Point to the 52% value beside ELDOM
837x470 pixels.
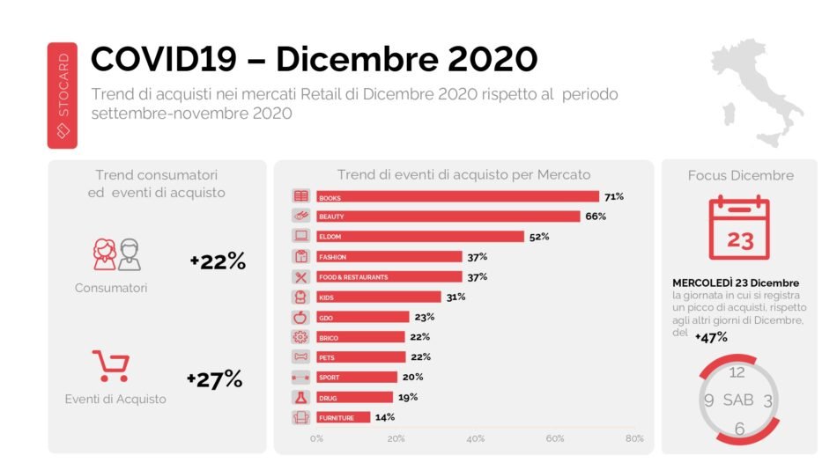(x=539, y=237)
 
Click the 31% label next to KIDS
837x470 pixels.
(x=456, y=297)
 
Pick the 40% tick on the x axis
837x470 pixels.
(x=476, y=438)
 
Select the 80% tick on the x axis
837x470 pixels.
(x=634, y=438)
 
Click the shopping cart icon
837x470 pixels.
(x=111, y=365)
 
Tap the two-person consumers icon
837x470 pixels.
(x=116, y=254)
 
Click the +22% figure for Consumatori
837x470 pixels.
(x=217, y=261)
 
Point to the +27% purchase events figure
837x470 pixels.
(x=214, y=379)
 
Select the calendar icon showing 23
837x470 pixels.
(x=738, y=228)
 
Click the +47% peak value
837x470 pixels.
(x=710, y=336)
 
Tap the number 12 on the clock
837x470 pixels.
(x=737, y=372)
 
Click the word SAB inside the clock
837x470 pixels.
(x=738, y=400)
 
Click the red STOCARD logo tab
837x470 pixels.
(x=63, y=95)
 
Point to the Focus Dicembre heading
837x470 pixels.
(x=740, y=175)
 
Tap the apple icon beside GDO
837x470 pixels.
(x=301, y=317)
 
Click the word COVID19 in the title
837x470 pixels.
(x=164, y=59)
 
